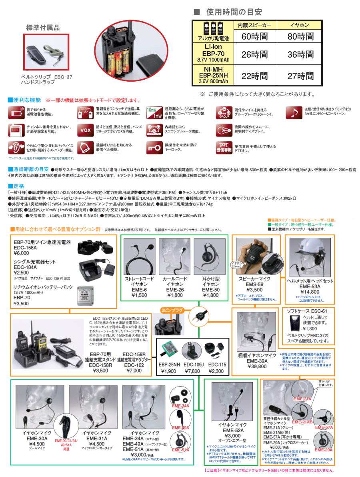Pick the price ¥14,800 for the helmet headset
pyautogui.click(x=310, y=292)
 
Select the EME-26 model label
pyautogui.click(x=175, y=290)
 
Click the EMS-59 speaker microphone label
pyautogui.click(x=254, y=285)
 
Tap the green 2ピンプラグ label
pyautogui.click(x=171, y=310)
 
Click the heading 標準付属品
pyautogui.click(x=43, y=28)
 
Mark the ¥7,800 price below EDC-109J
pyautogui.click(x=192, y=371)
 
